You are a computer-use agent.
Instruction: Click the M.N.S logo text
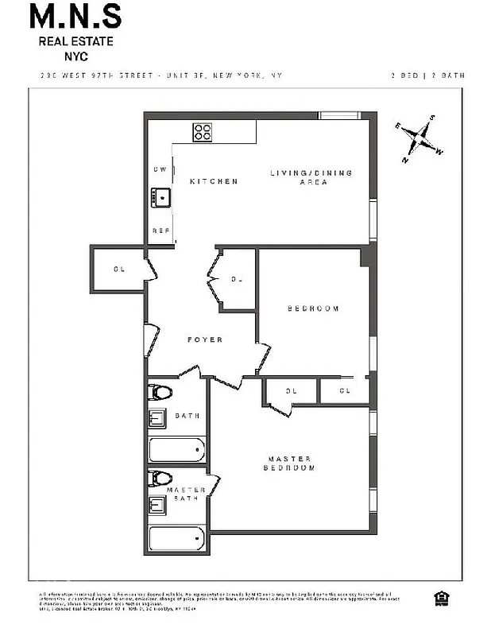pos(76,16)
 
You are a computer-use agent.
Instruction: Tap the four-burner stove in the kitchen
pos(203,131)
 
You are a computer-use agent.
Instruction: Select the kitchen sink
pos(160,196)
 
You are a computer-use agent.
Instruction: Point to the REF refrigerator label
pos(160,231)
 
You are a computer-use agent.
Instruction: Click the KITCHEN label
pos(214,181)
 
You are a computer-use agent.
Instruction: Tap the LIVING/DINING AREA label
pos(311,177)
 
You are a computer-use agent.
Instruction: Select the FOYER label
pos(205,339)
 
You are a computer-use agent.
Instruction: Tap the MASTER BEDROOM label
pos(289,463)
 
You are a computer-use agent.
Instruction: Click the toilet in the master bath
pos(161,479)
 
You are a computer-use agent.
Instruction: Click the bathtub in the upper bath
pos(177,450)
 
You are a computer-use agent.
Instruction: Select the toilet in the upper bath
pos(161,392)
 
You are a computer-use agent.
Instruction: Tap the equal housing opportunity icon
pos(439,597)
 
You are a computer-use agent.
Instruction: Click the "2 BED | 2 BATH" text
pos(427,76)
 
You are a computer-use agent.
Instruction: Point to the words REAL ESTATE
pos(76,41)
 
